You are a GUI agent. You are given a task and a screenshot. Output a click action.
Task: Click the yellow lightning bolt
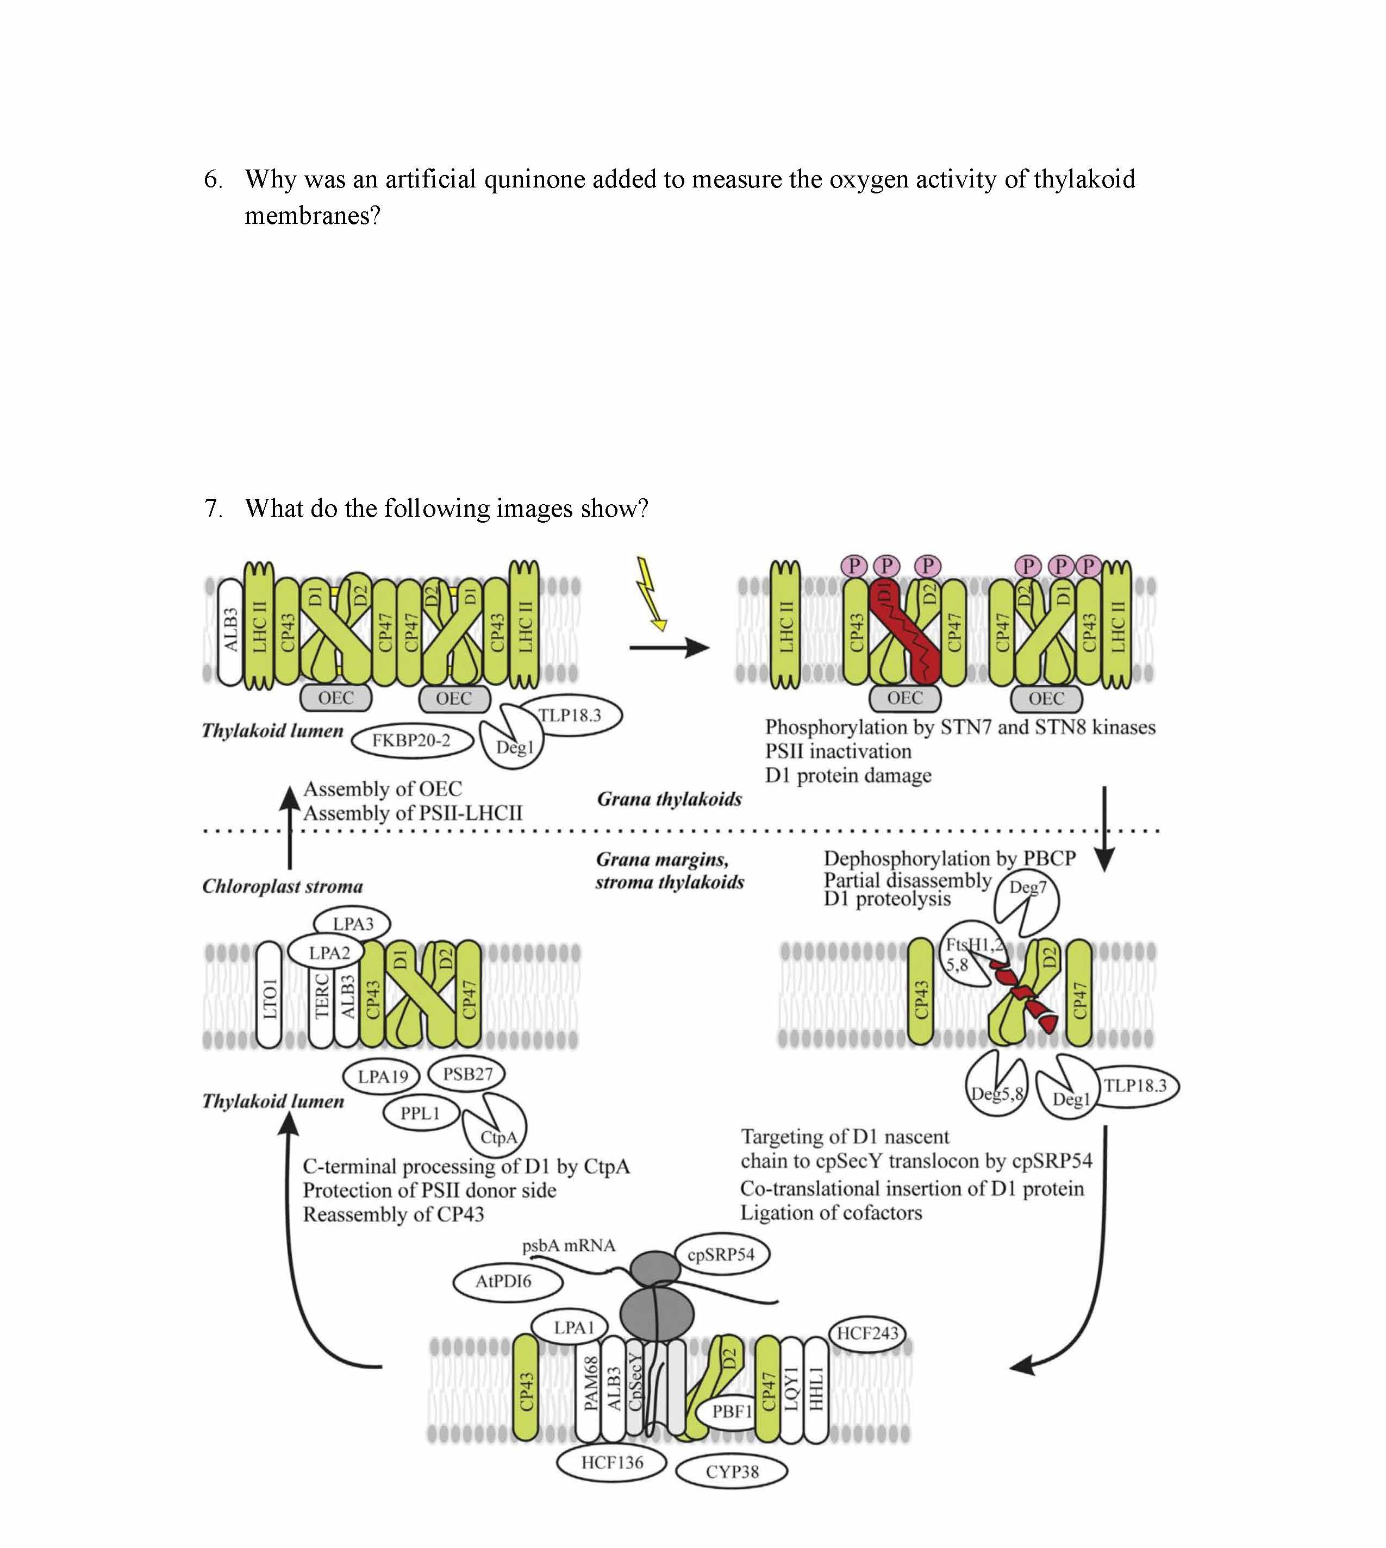pos(651,594)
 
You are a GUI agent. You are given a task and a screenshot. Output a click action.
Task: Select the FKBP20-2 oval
pos(411,740)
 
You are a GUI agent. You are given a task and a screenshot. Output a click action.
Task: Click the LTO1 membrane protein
pos(270,995)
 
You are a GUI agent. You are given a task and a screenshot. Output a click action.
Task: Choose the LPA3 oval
pos(353,924)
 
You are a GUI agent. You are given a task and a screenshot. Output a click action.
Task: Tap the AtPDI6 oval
pos(503,1281)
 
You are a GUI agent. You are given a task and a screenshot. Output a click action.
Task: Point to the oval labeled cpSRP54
pos(720,1254)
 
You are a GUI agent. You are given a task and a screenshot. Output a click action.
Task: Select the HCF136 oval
pos(611,1462)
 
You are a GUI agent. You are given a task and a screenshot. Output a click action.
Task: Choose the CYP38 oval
pos(732,1471)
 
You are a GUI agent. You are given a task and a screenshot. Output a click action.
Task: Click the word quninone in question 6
pos(535,180)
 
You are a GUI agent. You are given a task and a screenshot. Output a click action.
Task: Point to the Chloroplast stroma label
pos(283,886)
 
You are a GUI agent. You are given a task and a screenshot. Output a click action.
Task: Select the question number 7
pos(213,509)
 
